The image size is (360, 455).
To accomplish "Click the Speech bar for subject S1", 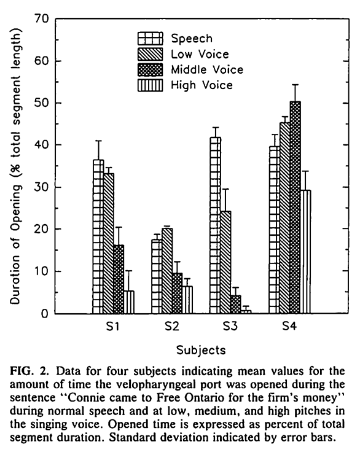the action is [x=98, y=236].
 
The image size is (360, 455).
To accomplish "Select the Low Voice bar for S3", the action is [x=226, y=262].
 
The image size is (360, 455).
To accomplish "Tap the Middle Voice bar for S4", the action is [x=295, y=208].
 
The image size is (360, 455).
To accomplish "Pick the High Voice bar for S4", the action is [x=306, y=252].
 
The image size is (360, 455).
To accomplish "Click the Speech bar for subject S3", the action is [x=216, y=225].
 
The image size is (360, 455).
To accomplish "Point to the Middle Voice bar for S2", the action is [x=178, y=294].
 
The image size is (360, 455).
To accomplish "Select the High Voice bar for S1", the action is [x=129, y=302].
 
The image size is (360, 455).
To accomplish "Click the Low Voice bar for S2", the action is [x=167, y=271].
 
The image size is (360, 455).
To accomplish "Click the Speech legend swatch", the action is [x=151, y=38].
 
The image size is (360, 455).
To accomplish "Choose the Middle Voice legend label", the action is [x=207, y=69].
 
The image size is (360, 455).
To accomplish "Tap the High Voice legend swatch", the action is [x=151, y=85].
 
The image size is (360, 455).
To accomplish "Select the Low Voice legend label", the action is [x=200, y=54].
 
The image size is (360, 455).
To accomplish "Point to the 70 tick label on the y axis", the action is [x=42, y=19].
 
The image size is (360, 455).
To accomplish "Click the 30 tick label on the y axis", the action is [x=42, y=187].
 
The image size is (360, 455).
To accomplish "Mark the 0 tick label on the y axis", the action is [x=45, y=314].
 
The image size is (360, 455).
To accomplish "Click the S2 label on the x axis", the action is [x=172, y=327].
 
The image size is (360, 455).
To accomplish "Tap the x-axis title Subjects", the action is [x=201, y=350].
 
